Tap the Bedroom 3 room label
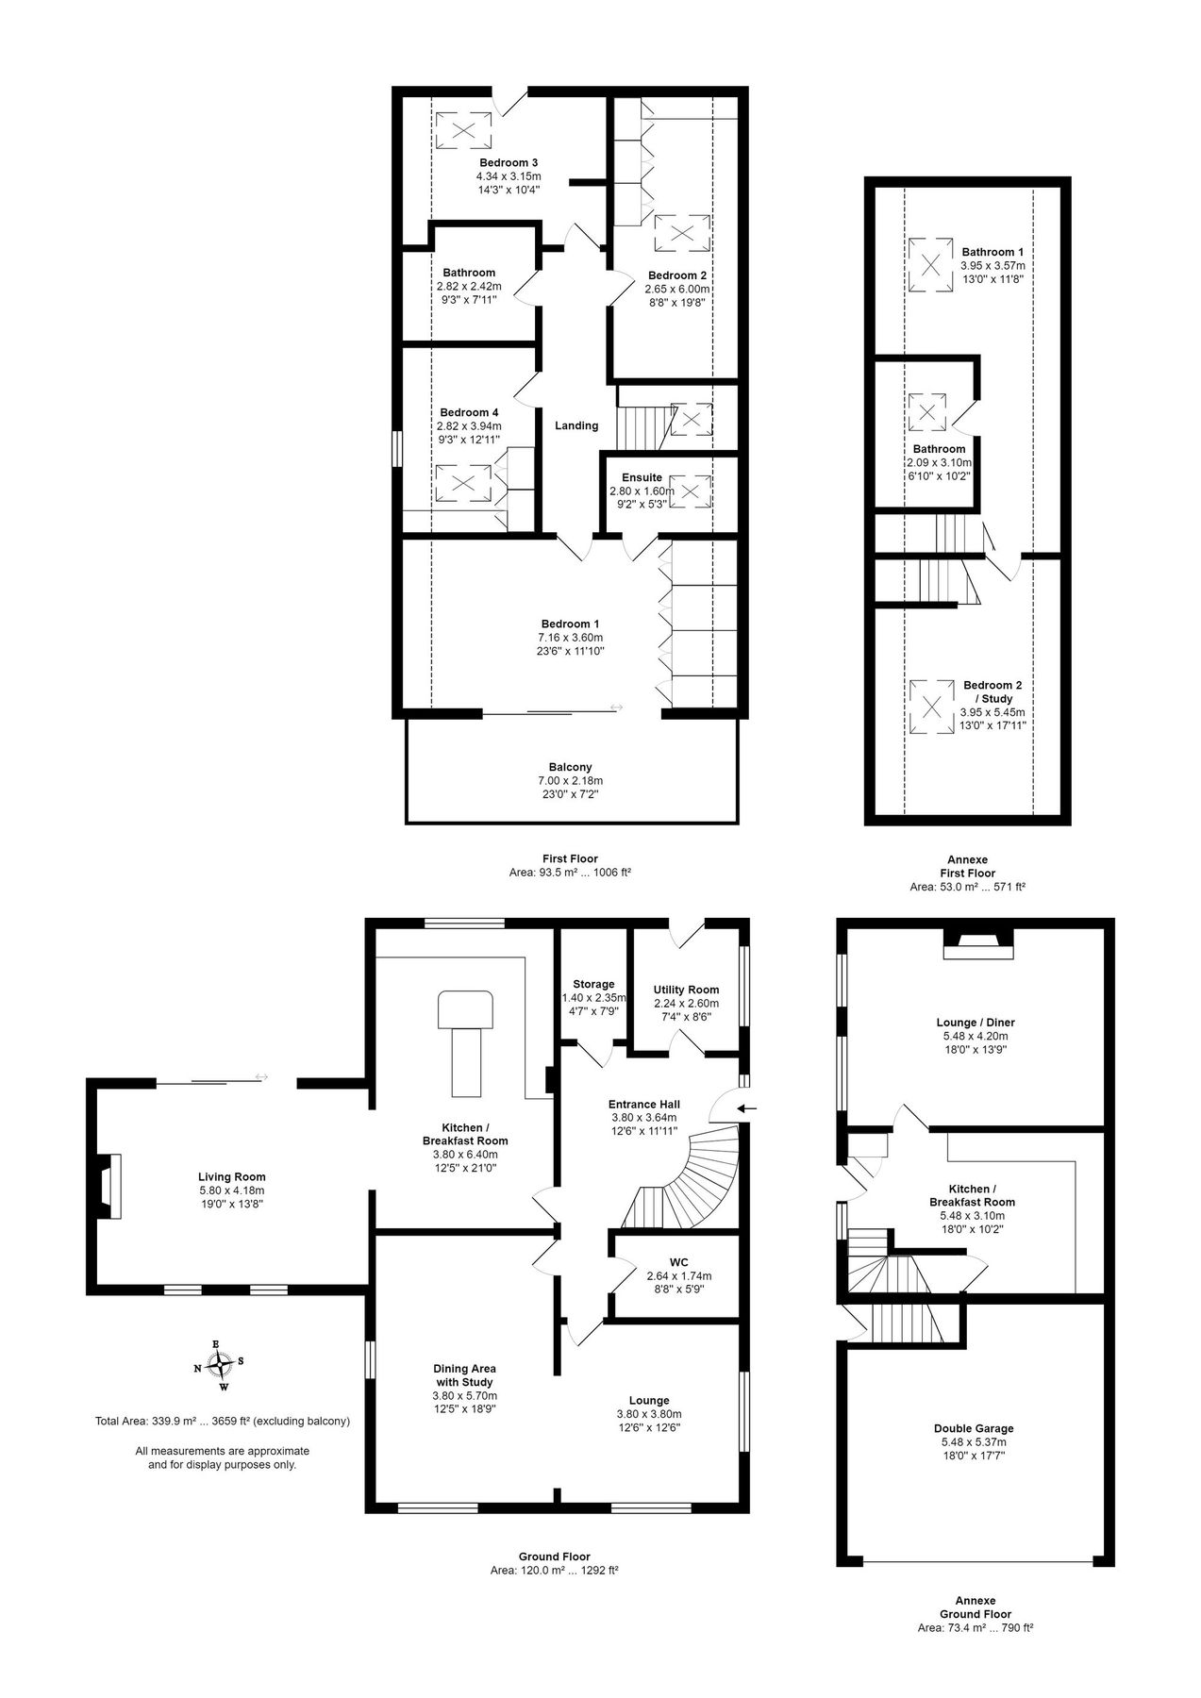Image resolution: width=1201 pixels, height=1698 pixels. (508, 162)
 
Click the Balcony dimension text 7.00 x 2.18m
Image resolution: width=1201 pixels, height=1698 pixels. (570, 780)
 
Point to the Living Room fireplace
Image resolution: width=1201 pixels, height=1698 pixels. (108, 1185)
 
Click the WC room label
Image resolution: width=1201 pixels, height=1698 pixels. (678, 1261)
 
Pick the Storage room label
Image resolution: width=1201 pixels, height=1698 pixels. (593, 984)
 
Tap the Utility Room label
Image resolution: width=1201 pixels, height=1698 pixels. (686, 990)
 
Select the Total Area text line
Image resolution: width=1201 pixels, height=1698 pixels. (223, 1422)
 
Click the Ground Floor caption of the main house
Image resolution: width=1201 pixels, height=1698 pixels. (554, 1556)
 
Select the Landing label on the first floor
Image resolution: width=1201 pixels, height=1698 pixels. (575, 425)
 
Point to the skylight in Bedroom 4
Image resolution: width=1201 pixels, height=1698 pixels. (462, 482)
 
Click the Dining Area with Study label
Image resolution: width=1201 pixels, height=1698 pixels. (464, 1374)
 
